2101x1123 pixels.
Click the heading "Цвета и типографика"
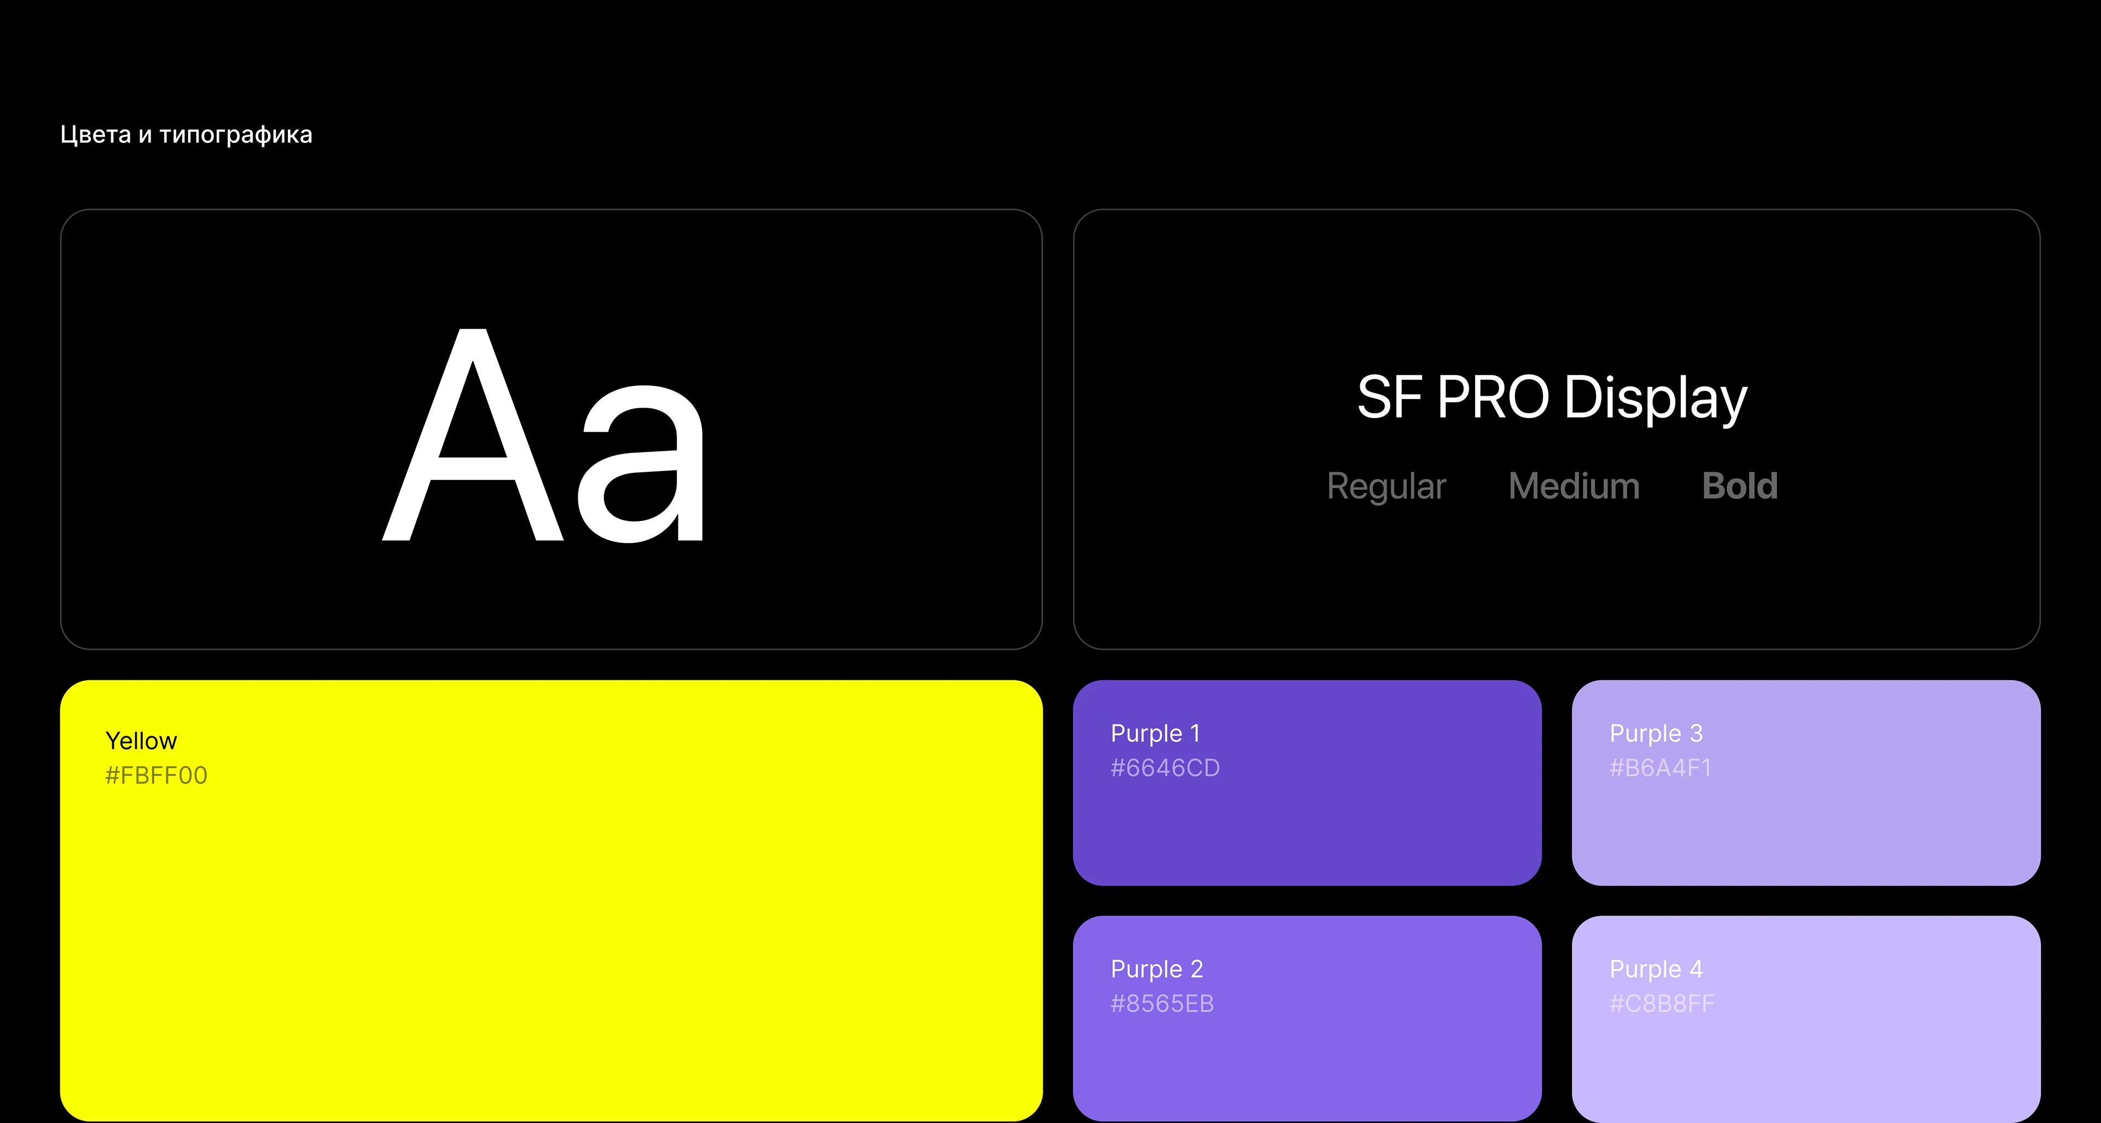186,135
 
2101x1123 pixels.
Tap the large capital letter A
473,434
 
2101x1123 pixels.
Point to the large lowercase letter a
641,463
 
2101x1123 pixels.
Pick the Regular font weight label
1386,488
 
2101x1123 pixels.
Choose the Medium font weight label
1574,486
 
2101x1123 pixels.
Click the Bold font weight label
1740,486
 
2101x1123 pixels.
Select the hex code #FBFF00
156,775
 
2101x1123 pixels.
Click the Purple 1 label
1155,734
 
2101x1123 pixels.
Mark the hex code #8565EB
1162,1004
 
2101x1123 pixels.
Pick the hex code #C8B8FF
1662,1004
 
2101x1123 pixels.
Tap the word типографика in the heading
236,135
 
